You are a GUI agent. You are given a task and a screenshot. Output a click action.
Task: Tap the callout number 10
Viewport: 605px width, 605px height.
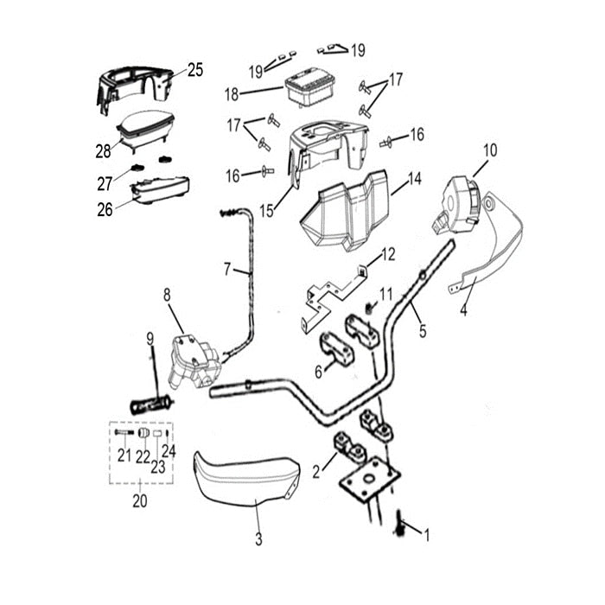(490, 150)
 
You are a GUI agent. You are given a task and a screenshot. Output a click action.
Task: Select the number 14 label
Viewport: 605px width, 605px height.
(415, 179)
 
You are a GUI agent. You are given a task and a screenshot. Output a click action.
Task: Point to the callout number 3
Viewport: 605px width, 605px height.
(258, 540)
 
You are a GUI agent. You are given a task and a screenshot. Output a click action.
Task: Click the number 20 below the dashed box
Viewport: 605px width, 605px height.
(139, 500)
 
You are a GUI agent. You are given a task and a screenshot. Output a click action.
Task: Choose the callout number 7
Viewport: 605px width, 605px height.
(227, 270)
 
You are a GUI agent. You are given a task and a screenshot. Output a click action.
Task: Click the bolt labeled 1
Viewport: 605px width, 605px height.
(401, 521)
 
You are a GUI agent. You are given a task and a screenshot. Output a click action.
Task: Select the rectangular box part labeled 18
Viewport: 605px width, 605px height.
(310, 89)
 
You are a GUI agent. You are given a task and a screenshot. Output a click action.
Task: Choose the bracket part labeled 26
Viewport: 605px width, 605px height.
(160, 188)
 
